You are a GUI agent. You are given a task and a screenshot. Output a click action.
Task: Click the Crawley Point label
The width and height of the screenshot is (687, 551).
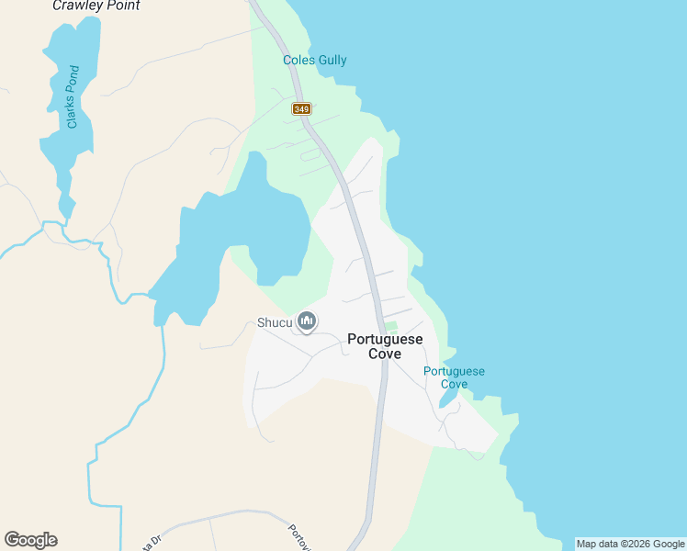point(96,6)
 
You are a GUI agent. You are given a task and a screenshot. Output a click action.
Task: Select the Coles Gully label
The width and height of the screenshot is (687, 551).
point(314,61)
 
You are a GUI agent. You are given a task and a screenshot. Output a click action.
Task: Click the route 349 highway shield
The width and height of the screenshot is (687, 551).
point(301,108)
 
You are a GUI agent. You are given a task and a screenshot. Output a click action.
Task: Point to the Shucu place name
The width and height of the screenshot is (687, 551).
point(274,322)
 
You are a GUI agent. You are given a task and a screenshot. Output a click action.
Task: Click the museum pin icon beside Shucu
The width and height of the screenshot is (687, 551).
point(307,321)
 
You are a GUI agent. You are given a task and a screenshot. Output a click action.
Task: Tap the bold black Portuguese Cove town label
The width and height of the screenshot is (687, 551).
point(385,346)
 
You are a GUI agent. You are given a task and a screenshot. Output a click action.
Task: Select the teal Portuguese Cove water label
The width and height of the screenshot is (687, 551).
point(454,377)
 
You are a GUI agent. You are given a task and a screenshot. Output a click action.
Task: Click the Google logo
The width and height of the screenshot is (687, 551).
point(30,540)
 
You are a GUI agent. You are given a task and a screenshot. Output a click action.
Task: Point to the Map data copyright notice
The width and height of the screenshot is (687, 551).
point(630,544)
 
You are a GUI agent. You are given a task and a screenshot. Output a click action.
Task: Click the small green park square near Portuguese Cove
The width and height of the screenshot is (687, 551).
point(391,326)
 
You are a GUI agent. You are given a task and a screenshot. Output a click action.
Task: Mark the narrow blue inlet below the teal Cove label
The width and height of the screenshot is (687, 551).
point(449,397)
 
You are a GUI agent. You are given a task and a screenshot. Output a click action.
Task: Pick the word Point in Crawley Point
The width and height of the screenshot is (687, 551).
point(120,6)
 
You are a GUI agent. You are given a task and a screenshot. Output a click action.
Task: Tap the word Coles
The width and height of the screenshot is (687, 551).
point(298,61)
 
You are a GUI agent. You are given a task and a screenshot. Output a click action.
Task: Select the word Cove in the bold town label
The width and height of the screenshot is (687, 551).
point(385,354)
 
